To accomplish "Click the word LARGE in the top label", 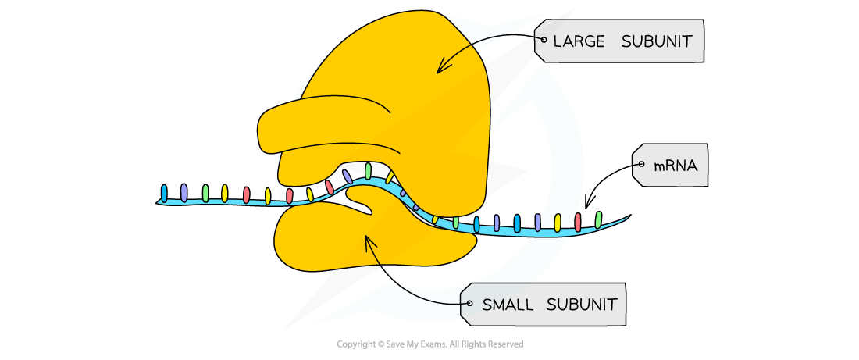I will coord(579,41).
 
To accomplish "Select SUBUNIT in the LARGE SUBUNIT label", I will coord(657,41).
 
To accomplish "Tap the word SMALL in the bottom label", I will coord(508,305).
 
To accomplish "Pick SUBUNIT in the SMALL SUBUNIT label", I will coord(582,305).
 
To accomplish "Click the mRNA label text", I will coord(675,166).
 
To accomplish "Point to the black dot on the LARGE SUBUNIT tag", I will coord(544,40).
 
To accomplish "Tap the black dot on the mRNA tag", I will coord(641,165).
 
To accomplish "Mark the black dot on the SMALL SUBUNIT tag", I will coord(469,304).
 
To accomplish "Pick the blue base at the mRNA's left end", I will coord(164,193).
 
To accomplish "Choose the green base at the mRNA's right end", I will coord(598,219).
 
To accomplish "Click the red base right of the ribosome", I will coord(578,222).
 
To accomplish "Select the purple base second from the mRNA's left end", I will coord(184,193).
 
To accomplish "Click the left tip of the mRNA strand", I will coord(159,201).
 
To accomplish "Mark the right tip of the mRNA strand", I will coord(627,218).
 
